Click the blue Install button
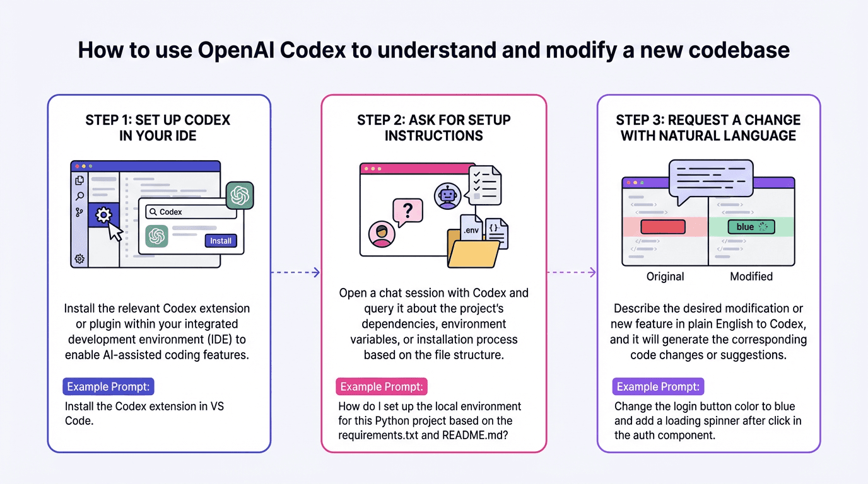pyautogui.click(x=221, y=241)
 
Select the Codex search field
pyautogui.click(x=191, y=212)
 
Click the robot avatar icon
pyautogui.click(x=448, y=195)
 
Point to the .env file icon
pyautogui.click(x=471, y=231)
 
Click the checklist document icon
pyautogui.click(x=484, y=185)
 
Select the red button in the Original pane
pyautogui.click(x=662, y=227)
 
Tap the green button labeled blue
pyautogui.click(x=751, y=227)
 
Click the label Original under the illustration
pyautogui.click(x=665, y=277)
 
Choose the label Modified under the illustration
pyautogui.click(x=751, y=277)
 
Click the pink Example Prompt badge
pyautogui.click(x=382, y=386)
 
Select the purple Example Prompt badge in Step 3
pyautogui.click(x=658, y=386)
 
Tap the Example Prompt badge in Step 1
pyautogui.click(x=108, y=386)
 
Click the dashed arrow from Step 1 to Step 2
pyautogui.click(x=295, y=272)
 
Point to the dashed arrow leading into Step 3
pyautogui.click(x=571, y=272)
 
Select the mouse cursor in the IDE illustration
pyautogui.click(x=115, y=231)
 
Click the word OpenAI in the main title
pyautogui.click(x=236, y=50)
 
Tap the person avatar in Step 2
pyautogui.click(x=381, y=234)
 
